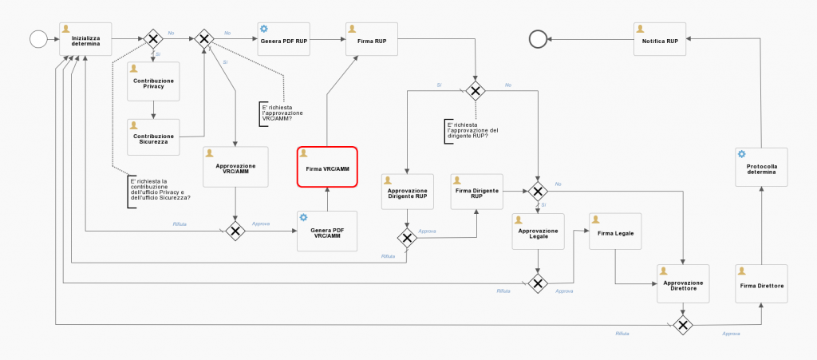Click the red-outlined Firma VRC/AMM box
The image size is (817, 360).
pos(327,167)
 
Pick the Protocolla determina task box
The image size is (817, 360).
pos(760,167)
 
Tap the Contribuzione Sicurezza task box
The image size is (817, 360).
pos(153,137)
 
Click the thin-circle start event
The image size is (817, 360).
pos(37,38)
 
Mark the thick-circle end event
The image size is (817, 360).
pos(539,38)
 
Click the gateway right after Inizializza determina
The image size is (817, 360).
pos(153,38)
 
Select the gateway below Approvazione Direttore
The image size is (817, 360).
pos(683,324)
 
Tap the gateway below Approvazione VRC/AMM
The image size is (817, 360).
pos(235,231)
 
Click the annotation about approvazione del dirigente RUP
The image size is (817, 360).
pos(472,132)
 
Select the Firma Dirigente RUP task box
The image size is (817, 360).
pos(476,192)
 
